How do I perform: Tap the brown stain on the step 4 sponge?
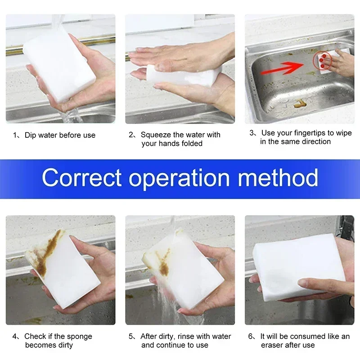pyautogui.click(x=45, y=256)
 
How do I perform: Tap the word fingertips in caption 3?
pyautogui.click(x=308, y=133)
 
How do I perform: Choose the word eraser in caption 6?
pyautogui.click(x=273, y=345)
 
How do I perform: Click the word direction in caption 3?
pyautogui.click(x=310, y=141)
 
